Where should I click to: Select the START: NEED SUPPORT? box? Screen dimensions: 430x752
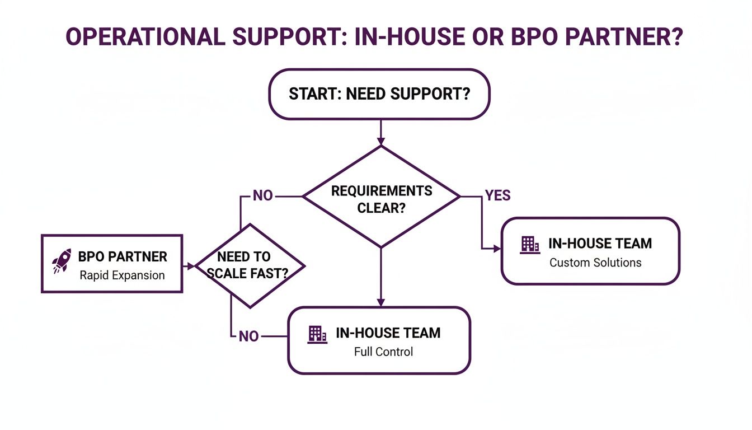(x=379, y=94)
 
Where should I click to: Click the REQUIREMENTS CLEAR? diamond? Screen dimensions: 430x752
(x=382, y=197)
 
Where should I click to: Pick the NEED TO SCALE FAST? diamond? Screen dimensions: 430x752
(x=250, y=265)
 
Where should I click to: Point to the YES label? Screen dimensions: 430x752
(x=497, y=195)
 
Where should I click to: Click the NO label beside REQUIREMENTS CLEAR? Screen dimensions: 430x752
(x=262, y=196)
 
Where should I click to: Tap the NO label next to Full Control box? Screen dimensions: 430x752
(x=248, y=336)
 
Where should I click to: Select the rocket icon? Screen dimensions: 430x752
(x=61, y=261)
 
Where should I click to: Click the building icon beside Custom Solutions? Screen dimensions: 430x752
(x=529, y=244)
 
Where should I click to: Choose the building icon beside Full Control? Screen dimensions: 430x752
(x=318, y=334)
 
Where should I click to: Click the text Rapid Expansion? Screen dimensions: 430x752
(x=122, y=275)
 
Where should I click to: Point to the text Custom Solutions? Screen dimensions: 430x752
(x=595, y=263)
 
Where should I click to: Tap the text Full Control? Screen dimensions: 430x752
(x=383, y=352)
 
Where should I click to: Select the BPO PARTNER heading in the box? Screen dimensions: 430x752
(x=123, y=257)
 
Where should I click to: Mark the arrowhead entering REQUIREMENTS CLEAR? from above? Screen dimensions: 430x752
(x=381, y=141)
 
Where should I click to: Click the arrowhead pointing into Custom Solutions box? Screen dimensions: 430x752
(x=497, y=249)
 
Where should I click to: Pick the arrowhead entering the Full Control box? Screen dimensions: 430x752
(x=381, y=302)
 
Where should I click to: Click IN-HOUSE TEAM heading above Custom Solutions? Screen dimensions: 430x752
(x=600, y=244)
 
